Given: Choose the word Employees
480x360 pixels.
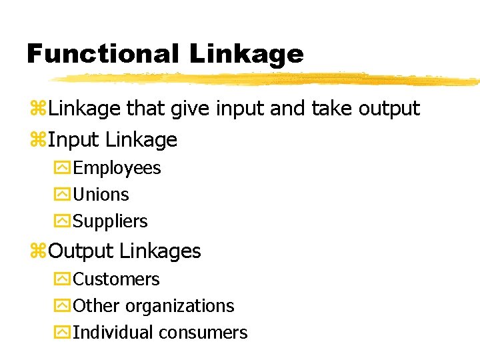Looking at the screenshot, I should tap(117, 169).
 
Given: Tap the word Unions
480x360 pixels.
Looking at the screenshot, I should tap(101, 195).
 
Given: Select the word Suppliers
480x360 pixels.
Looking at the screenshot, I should tap(110, 221).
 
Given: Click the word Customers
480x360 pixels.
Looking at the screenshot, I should tap(116, 279).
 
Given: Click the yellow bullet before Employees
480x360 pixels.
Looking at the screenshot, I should tap(62, 169).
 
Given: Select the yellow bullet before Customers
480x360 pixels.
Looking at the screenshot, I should tap(62, 279).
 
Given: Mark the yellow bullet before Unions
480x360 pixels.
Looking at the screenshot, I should tap(62, 195).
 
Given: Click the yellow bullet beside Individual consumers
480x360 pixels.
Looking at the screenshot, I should tap(62, 333).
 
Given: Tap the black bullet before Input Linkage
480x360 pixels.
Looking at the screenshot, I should tap(39, 141).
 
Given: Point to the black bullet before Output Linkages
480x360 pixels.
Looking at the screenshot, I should tap(39, 252).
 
